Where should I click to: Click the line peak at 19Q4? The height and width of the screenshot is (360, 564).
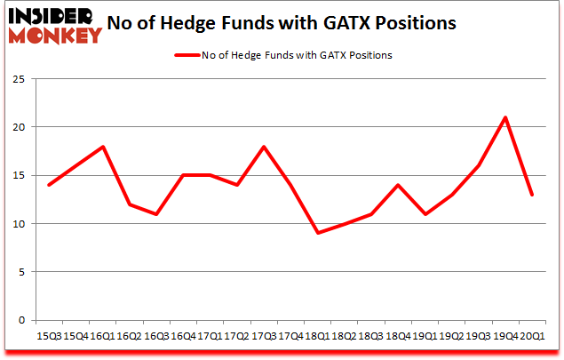click(504, 117)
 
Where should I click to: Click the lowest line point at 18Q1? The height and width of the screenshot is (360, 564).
click(317, 233)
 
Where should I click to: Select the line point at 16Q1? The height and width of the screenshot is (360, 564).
click(102, 147)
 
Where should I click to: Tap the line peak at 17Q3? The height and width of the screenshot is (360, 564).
click(264, 147)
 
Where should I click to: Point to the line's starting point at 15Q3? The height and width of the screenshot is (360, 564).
click(48, 185)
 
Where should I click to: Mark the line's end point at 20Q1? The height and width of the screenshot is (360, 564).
click(531, 195)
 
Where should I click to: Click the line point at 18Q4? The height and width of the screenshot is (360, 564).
click(398, 185)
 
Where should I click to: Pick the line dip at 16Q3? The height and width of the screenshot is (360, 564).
click(156, 214)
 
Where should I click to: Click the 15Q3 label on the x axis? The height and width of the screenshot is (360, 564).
click(48, 337)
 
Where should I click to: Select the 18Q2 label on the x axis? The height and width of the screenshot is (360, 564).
click(344, 337)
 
